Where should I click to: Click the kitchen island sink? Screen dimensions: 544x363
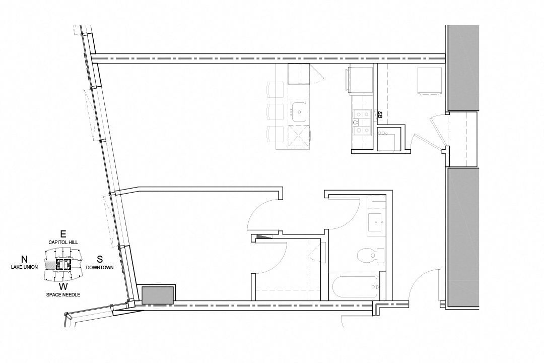[299, 112]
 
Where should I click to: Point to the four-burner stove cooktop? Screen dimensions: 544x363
[362, 122]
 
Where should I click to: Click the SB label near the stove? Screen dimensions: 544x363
[380, 115]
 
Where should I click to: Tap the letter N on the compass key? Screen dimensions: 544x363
[24, 259]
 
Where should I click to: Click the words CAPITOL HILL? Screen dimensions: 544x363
[63, 242]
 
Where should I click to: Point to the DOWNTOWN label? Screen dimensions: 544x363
[100, 268]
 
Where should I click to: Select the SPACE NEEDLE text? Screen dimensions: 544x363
[63, 294]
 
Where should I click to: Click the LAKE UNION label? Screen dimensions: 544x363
[24, 267]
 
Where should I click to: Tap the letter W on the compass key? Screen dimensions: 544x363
[63, 286]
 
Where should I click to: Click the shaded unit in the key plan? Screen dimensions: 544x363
[51, 265]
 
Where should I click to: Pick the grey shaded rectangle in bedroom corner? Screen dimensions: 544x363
[158, 295]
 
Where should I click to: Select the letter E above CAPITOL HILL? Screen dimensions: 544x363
[63, 234]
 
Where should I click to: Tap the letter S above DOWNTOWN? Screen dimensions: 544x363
[100, 259]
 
